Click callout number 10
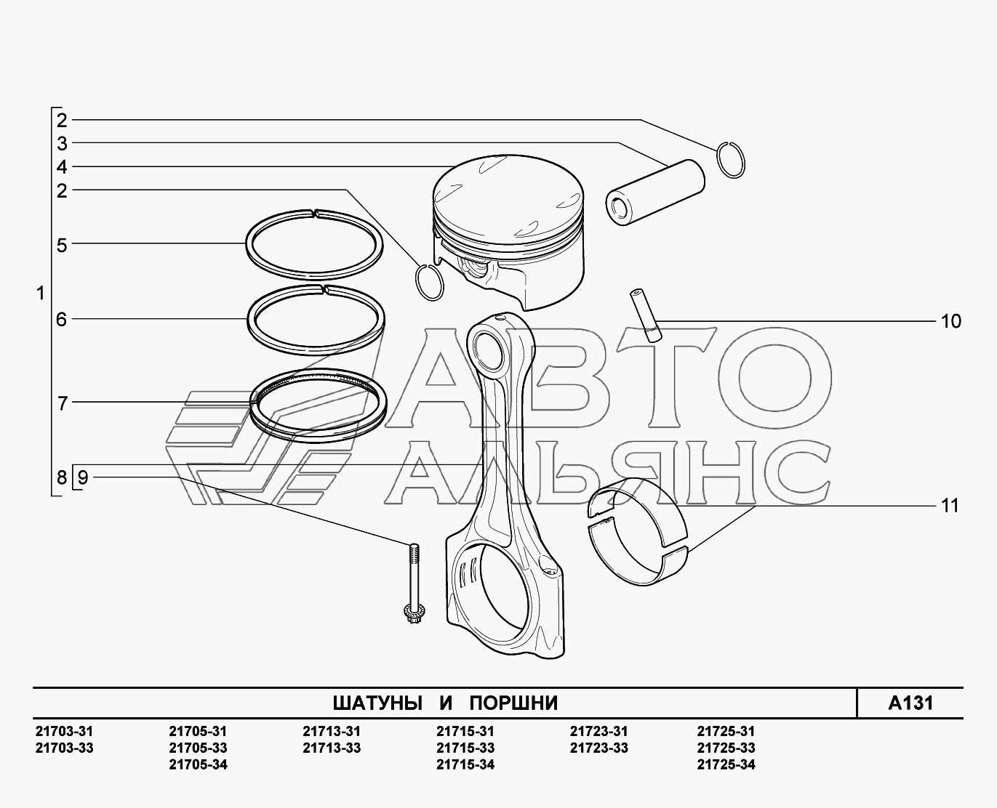[x=950, y=321]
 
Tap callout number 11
[x=950, y=506]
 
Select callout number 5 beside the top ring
[x=62, y=245]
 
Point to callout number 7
[x=63, y=403]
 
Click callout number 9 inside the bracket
[x=83, y=477]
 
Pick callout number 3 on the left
[x=62, y=144]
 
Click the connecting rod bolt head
[x=414, y=613]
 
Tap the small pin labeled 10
[x=646, y=315]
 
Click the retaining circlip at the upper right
[x=730, y=160]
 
